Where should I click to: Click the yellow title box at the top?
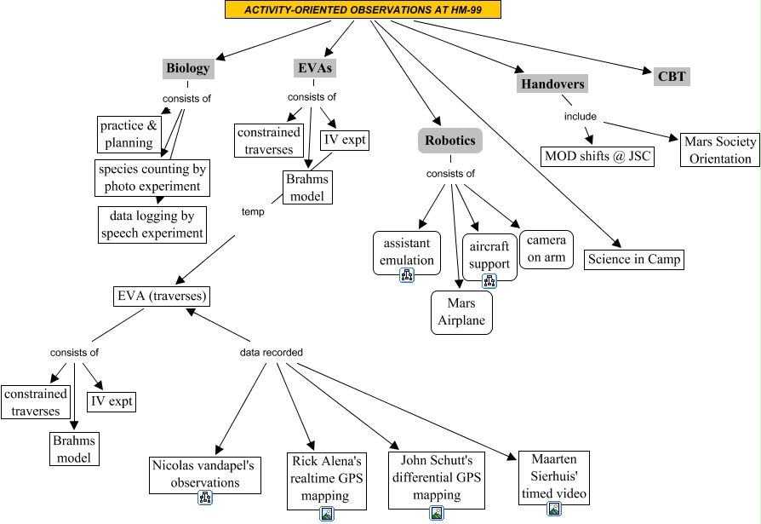click(x=363, y=9)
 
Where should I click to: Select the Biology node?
click(x=187, y=68)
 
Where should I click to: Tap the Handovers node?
click(x=552, y=83)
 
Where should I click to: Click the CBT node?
click(x=672, y=76)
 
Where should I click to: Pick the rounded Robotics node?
click(x=450, y=140)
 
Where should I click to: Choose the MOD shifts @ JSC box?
click(x=598, y=157)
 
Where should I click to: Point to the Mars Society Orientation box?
click(x=720, y=149)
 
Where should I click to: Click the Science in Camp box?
click(x=634, y=259)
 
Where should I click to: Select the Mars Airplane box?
click(x=461, y=312)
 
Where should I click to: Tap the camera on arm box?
click(x=546, y=249)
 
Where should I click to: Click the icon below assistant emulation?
click(x=407, y=275)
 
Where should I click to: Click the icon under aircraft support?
click(x=489, y=280)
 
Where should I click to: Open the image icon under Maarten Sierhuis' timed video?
click(x=554, y=509)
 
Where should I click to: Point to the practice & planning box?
click(x=128, y=135)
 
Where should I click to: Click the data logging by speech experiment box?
click(x=152, y=224)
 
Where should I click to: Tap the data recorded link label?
click(x=271, y=352)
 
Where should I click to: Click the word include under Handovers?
click(x=581, y=116)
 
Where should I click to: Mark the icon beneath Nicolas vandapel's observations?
click(x=204, y=498)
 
